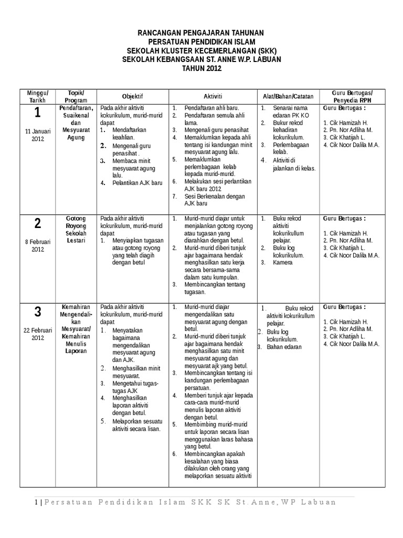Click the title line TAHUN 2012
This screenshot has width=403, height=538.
click(x=201, y=68)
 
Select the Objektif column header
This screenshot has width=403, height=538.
click(x=132, y=96)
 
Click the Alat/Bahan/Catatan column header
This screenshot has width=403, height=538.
click(x=288, y=96)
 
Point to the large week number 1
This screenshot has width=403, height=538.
click(x=37, y=112)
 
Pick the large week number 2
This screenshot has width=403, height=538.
click(x=37, y=223)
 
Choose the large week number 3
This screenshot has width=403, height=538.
click(x=37, y=312)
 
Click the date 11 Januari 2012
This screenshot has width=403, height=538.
click(x=37, y=135)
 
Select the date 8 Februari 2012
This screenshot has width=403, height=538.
click(x=37, y=245)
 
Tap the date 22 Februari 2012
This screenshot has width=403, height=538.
click(x=37, y=334)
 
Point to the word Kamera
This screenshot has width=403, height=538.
click(x=283, y=262)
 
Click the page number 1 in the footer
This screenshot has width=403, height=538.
click(x=37, y=502)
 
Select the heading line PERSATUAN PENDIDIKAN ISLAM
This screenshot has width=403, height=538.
click(x=201, y=42)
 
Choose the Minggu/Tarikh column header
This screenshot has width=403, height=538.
click(x=37, y=96)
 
